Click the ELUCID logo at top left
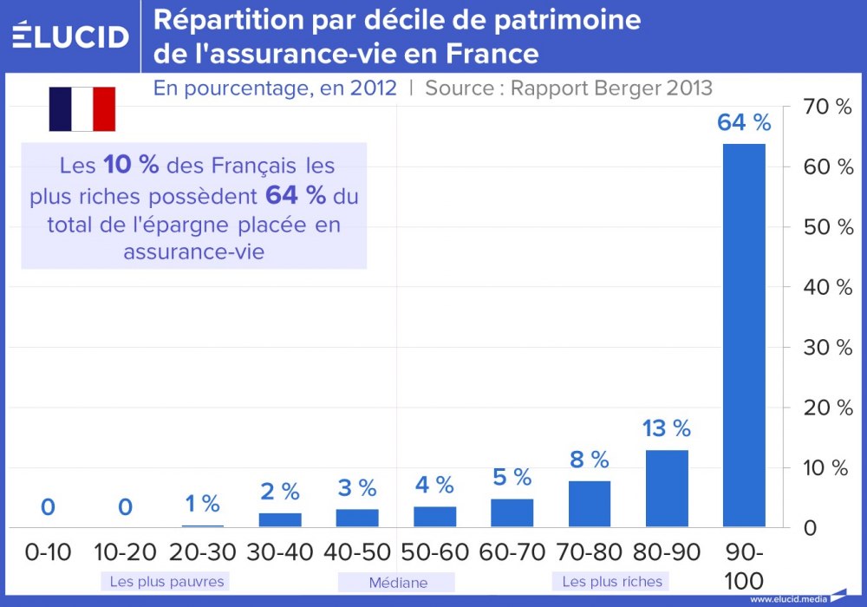pyautogui.click(x=70, y=36)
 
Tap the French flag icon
pyautogui.click(x=81, y=108)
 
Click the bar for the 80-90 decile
pyautogui.click(x=667, y=488)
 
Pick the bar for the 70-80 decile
pyautogui.click(x=590, y=504)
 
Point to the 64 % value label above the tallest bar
pyautogui.click(x=744, y=123)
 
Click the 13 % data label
pyautogui.click(x=666, y=428)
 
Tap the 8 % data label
pyautogui.click(x=590, y=460)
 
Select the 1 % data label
pyautogui.click(x=202, y=503)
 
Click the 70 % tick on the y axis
pyautogui.click(x=829, y=107)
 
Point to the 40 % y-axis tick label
pyautogui.click(x=829, y=287)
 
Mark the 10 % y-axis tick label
pyautogui.click(x=829, y=468)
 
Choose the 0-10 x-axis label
pyautogui.click(x=48, y=552)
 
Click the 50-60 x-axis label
pyautogui.click(x=434, y=552)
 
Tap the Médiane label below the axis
pyautogui.click(x=397, y=583)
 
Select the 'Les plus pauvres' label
pyautogui.click(x=166, y=581)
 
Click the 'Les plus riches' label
pyautogui.click(x=612, y=581)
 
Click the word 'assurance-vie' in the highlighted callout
pyautogui.click(x=194, y=251)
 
